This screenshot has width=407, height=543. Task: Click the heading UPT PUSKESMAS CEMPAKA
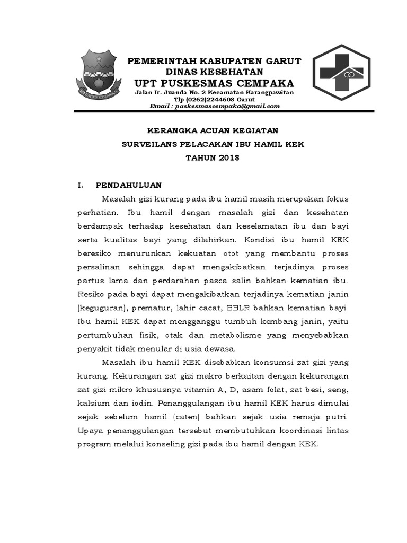[x=214, y=83]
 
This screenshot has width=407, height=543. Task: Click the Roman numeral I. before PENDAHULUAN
[x=80, y=185]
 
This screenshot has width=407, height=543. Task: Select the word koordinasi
[x=299, y=431]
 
